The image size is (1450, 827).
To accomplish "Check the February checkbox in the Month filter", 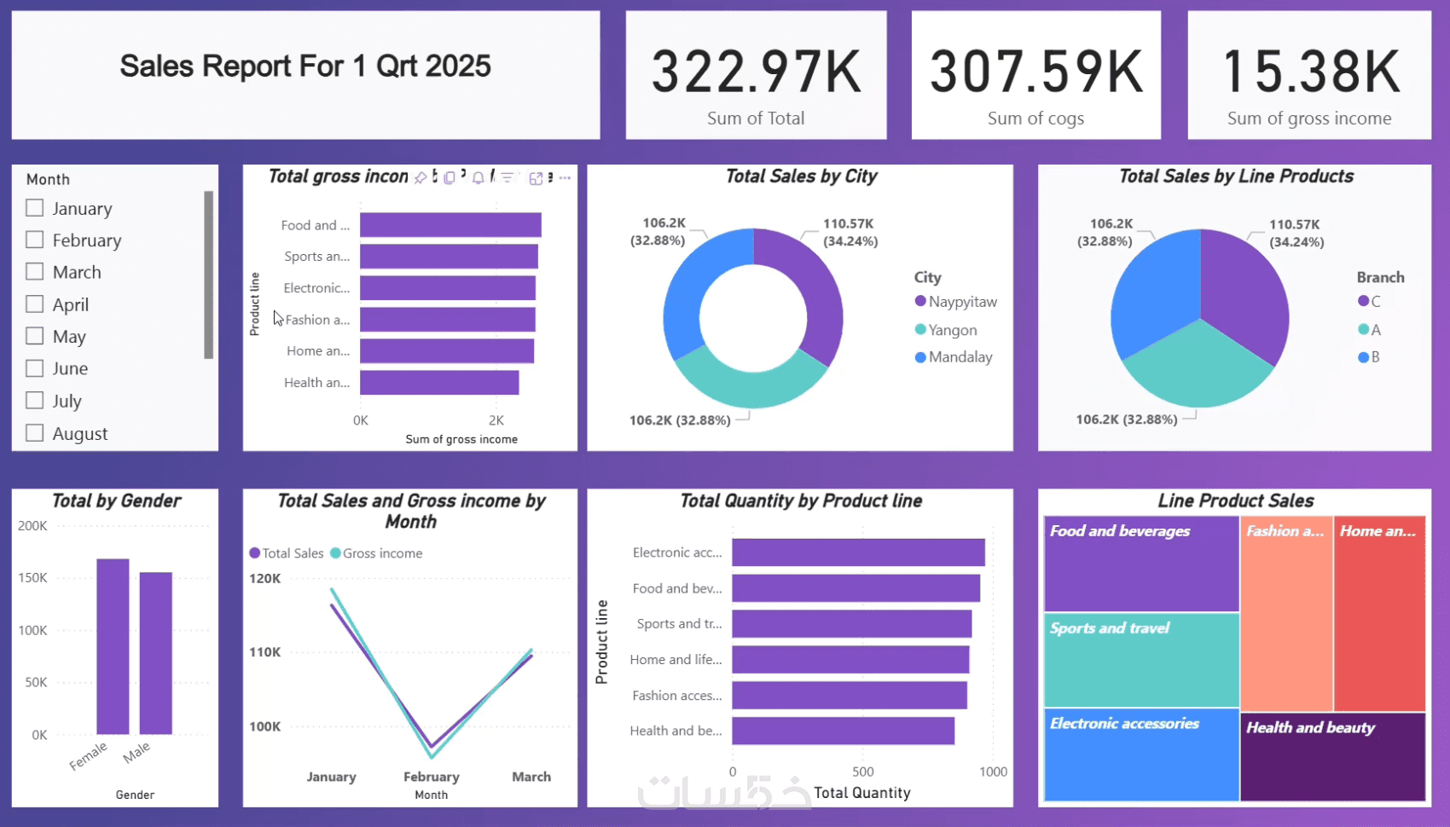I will pos(35,240).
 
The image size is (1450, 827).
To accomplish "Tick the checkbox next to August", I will pos(35,432).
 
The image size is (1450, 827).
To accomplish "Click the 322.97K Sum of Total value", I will pos(756,72).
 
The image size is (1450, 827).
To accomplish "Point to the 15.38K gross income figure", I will pos(1309,72).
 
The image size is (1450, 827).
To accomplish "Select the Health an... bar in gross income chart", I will pos(439,383).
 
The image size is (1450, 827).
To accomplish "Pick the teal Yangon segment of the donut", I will pos(751,384).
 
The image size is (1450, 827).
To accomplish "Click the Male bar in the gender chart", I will pos(156,653).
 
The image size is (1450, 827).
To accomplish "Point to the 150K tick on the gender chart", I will pos(32,578).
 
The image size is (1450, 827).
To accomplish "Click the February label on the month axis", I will pos(432,777).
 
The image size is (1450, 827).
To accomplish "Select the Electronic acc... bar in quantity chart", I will pos(858,552).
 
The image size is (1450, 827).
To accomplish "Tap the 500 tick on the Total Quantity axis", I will pos(863,772).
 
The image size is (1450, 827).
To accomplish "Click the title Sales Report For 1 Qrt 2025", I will pos(305,67).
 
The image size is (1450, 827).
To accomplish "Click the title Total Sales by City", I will pos(801,176).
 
